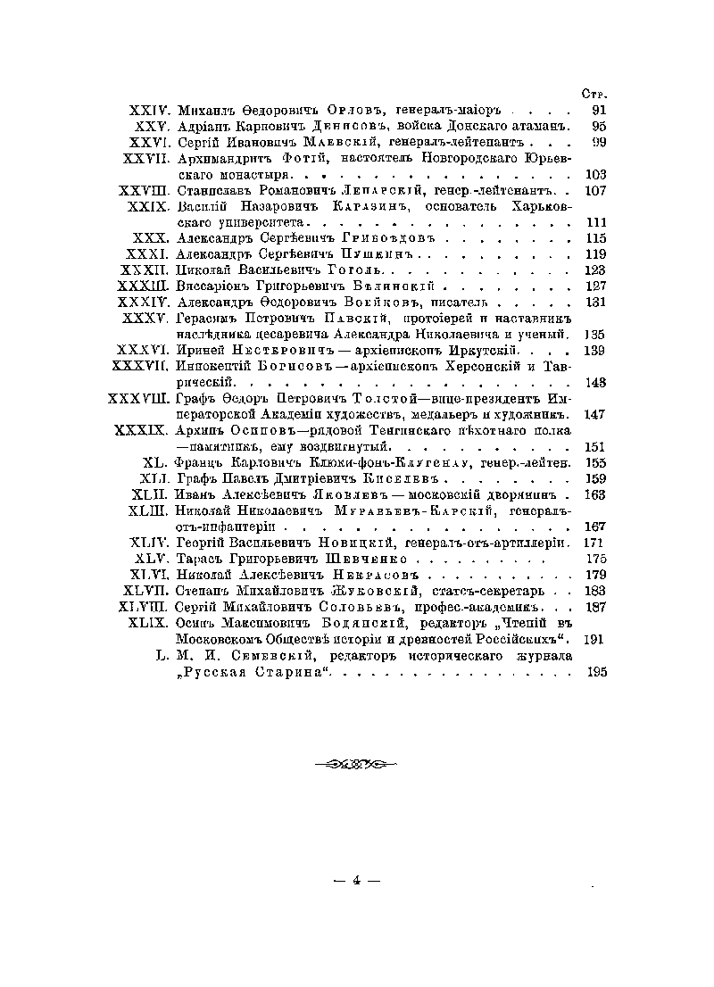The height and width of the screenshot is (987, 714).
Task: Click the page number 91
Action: pos(599,110)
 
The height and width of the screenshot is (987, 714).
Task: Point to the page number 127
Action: pos(594,286)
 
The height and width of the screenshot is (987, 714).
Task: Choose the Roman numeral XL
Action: pos(155,462)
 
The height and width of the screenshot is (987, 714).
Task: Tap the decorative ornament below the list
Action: pos(356,764)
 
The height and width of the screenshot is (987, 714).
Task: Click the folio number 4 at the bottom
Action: pos(356,882)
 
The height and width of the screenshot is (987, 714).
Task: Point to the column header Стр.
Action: pos(594,93)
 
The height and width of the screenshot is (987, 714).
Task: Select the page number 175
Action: pos(594,559)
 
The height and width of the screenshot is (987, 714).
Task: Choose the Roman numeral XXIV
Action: pos(150,110)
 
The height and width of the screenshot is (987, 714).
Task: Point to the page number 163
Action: pos(594,494)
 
